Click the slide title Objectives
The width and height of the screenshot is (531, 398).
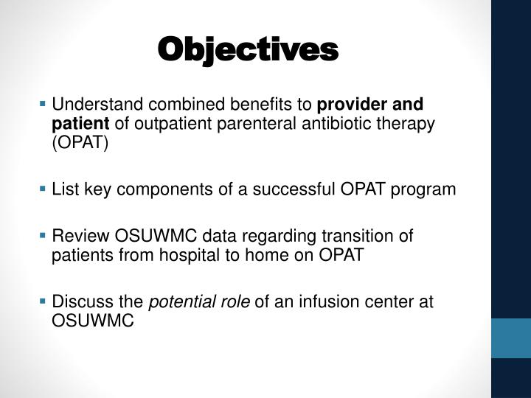(x=248, y=49)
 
